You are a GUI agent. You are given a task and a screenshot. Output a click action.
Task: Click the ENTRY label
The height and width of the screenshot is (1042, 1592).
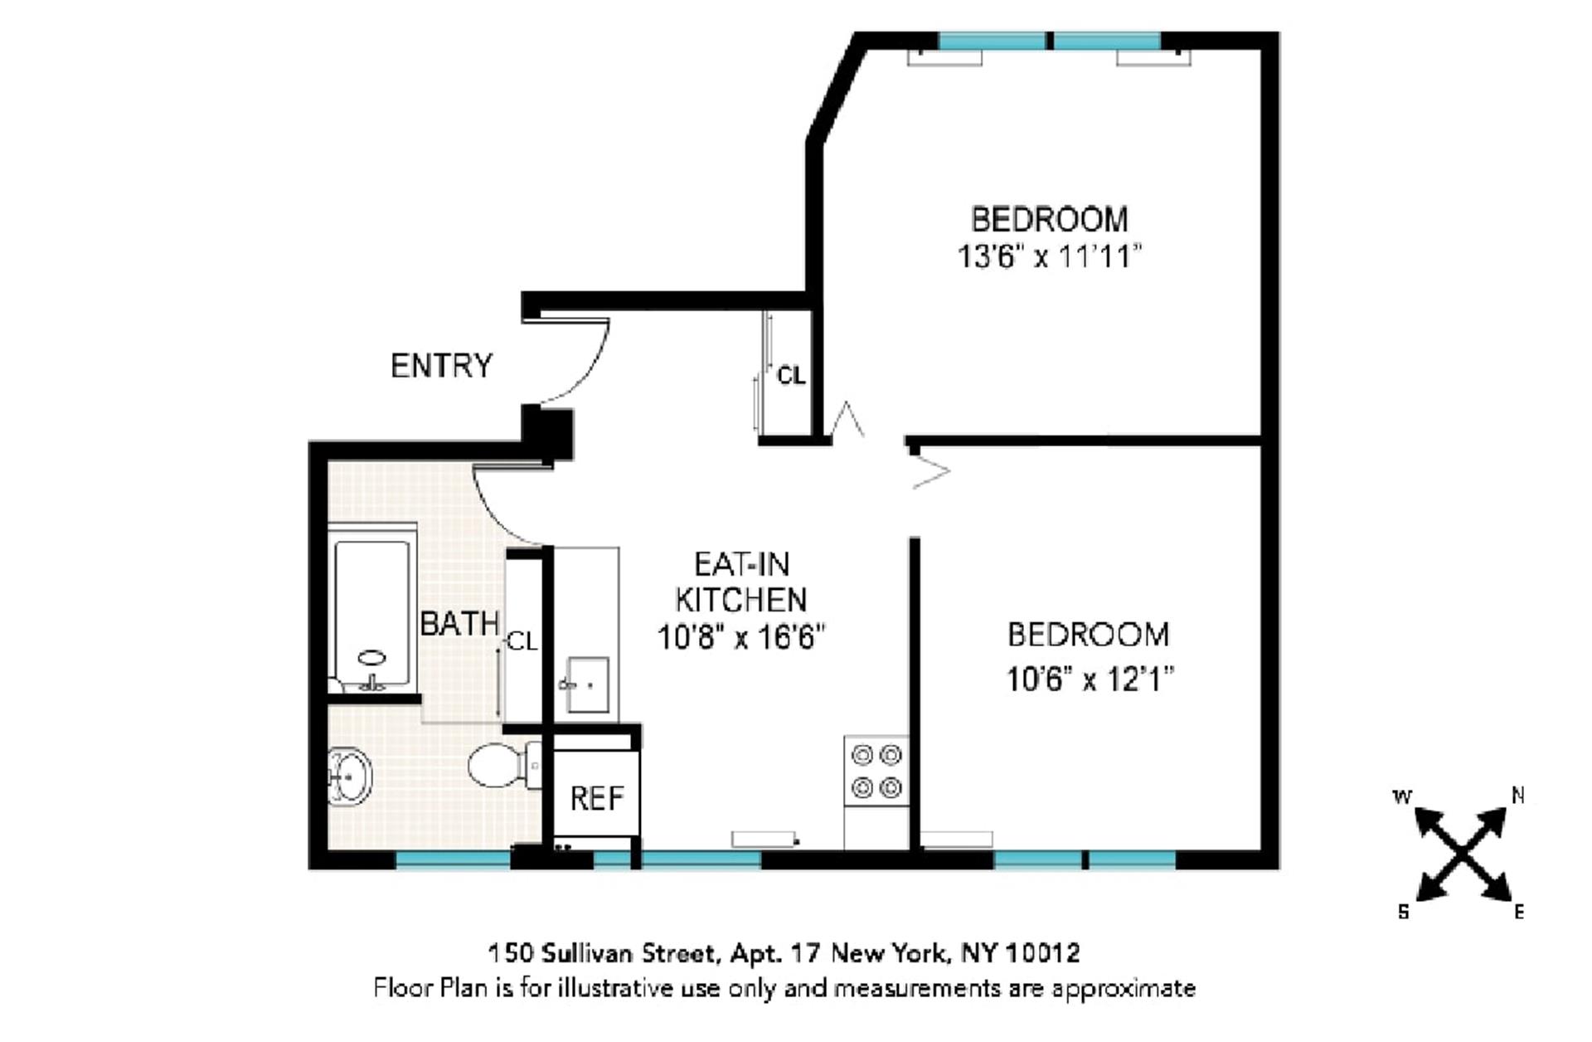click(441, 366)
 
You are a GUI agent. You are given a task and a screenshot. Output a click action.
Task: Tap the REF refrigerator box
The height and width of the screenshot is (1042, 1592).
click(596, 797)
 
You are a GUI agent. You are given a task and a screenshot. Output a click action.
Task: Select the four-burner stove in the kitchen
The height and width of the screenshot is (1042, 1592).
click(876, 771)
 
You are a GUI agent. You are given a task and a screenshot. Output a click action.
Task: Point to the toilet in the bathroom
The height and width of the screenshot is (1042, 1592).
click(502, 765)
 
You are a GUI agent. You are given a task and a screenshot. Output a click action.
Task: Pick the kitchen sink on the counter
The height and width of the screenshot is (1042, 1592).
click(587, 684)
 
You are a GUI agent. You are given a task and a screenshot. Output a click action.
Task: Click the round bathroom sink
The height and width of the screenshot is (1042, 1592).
click(350, 777)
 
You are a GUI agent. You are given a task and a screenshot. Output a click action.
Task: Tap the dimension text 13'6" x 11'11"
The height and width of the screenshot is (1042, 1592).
click(1049, 256)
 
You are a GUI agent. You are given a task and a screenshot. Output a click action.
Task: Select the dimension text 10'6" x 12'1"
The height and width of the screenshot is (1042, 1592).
click(1090, 679)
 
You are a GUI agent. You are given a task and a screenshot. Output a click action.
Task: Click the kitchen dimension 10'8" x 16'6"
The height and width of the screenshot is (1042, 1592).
click(741, 638)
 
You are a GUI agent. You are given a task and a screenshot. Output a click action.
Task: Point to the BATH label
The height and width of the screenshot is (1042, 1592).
click(459, 624)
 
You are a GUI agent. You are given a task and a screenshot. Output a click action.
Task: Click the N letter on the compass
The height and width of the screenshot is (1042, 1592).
click(1517, 796)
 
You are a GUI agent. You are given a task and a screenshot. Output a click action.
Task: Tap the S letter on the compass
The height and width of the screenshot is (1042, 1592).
click(1403, 912)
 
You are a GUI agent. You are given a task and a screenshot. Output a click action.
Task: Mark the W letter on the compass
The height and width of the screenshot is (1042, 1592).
click(1401, 797)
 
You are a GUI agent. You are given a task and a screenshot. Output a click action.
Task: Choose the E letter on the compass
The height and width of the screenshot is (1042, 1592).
click(1519, 913)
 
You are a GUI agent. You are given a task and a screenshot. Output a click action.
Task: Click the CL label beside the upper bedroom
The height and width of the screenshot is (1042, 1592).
click(790, 376)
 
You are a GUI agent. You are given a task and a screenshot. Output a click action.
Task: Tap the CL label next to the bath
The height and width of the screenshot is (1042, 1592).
click(522, 641)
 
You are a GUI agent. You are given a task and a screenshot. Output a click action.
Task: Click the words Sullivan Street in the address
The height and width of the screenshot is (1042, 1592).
click(629, 952)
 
